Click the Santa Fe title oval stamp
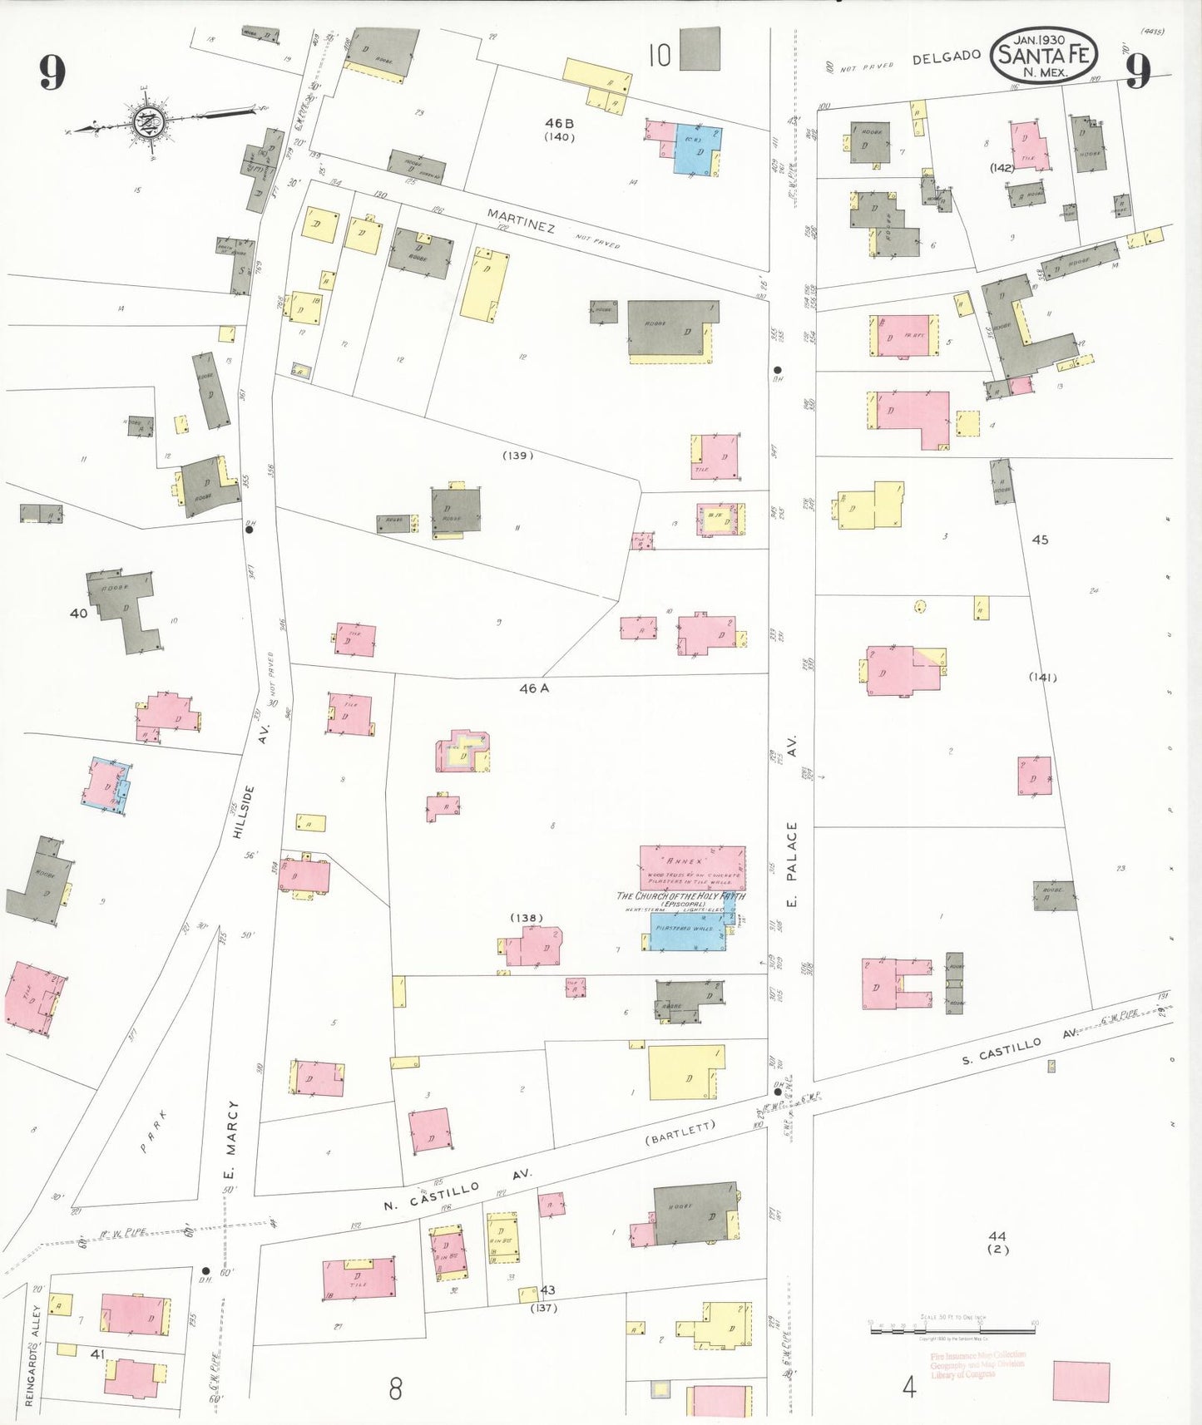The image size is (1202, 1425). click(1044, 55)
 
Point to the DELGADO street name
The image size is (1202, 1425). click(946, 57)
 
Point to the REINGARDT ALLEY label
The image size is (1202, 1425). click(32, 1354)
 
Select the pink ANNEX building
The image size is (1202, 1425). click(692, 868)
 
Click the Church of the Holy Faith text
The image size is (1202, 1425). click(680, 896)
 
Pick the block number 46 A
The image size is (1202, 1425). click(534, 688)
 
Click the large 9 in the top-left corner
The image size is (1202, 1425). click(52, 73)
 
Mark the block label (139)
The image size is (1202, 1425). click(517, 456)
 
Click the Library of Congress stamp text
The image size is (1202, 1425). click(977, 1364)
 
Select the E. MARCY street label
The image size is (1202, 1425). click(232, 1139)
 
